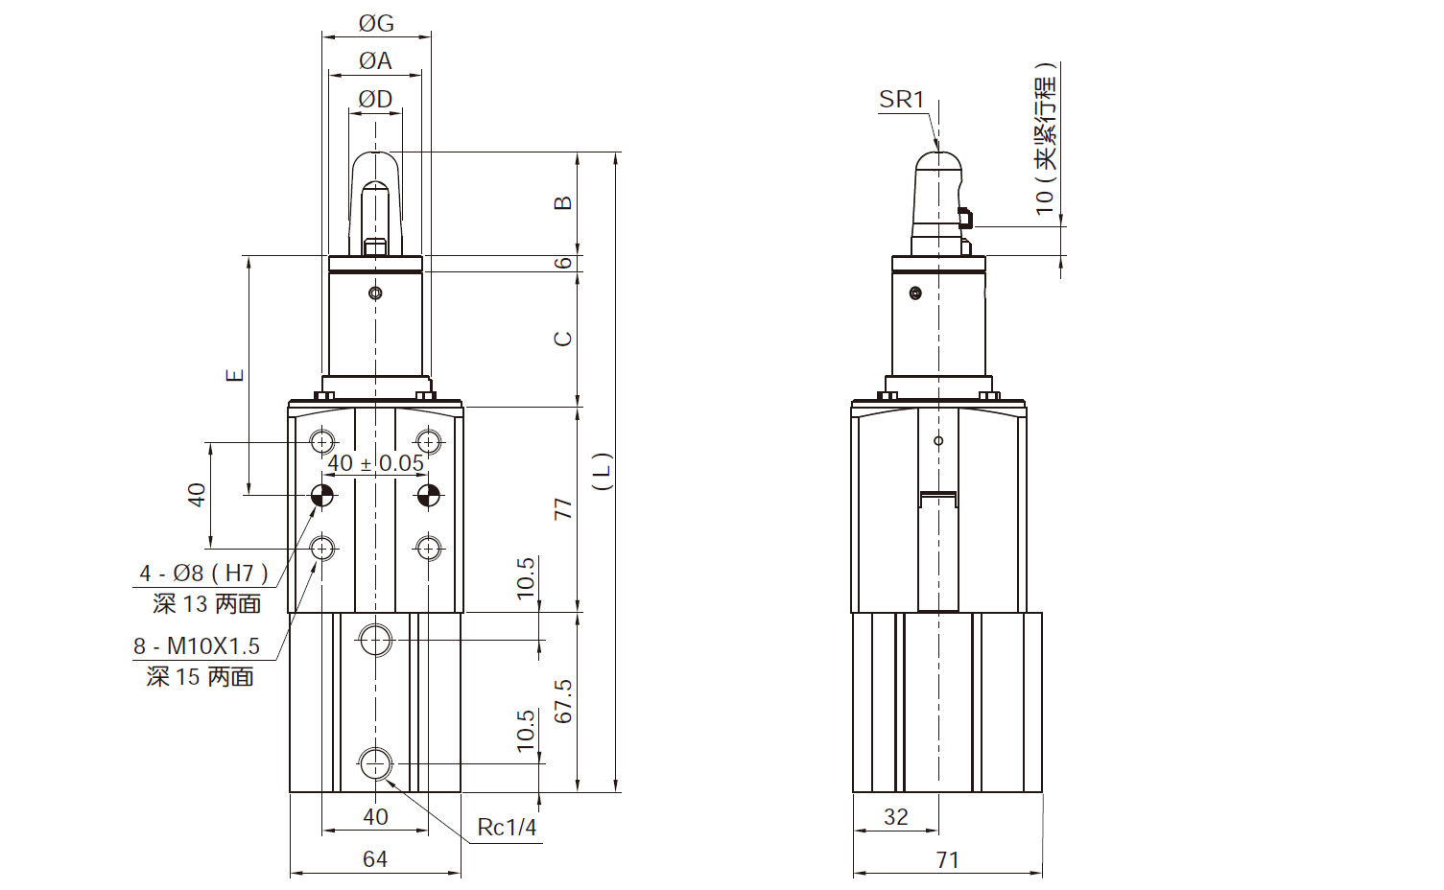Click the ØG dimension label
(376, 23)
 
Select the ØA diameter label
(375, 61)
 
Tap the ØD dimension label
(375, 99)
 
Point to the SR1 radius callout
(901, 100)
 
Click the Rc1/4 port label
(507, 828)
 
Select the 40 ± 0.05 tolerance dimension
(375, 463)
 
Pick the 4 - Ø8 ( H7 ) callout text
(203, 574)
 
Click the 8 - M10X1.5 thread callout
(197, 646)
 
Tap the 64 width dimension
(375, 859)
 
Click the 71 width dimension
(947, 860)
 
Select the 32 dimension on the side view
(895, 817)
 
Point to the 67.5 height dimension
(563, 701)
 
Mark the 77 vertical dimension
(563, 509)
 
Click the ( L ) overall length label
(602, 472)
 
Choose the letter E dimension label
(235, 375)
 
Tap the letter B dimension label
(563, 202)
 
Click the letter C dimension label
(563, 339)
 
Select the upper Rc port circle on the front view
(375, 640)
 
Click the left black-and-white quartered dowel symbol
(322, 496)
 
